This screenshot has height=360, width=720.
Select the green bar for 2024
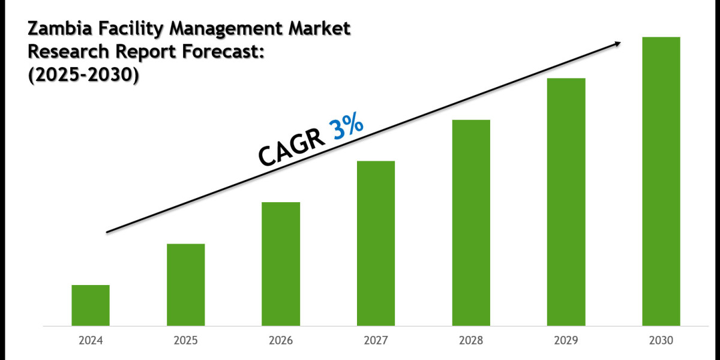pos(91,305)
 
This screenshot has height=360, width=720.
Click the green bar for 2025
pos(186,285)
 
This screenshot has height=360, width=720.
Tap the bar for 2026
pos(281,264)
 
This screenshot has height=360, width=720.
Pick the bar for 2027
pos(376,244)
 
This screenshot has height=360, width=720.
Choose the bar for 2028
pos(471,223)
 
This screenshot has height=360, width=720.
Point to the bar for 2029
pos(566,202)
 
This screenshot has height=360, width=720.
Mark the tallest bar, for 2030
pos(661,181)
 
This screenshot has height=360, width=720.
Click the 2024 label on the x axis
pos(91,341)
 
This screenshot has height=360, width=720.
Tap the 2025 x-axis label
pos(186,341)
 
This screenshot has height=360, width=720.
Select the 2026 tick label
pos(281,341)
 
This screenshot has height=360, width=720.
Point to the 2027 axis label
pos(376,341)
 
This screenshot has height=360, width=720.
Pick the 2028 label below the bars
pos(471,341)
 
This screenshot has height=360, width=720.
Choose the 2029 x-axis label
pos(566,341)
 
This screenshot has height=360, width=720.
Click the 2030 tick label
pos(661,341)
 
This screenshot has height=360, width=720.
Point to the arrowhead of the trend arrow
pos(616,43)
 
